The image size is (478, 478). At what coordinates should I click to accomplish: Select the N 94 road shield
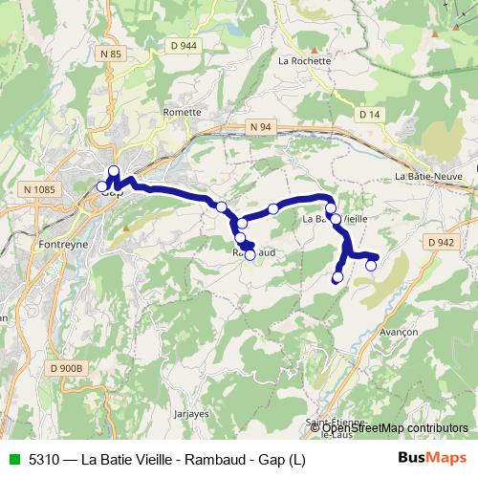(262, 126)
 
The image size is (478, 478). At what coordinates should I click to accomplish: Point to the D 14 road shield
(369, 114)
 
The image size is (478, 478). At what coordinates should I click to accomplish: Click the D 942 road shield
(442, 243)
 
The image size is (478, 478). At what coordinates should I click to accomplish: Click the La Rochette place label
(304, 60)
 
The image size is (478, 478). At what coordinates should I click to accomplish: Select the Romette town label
(183, 112)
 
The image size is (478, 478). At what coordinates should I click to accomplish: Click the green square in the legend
(12, 459)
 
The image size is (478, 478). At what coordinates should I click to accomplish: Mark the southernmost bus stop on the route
(337, 278)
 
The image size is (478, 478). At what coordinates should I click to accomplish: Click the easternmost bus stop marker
(371, 266)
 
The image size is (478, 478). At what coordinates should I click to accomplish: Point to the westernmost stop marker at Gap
(102, 186)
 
